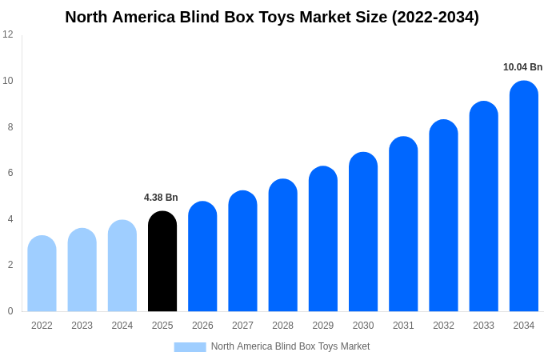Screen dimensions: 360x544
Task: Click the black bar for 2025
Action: [162, 262]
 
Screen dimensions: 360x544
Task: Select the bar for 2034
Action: [523, 196]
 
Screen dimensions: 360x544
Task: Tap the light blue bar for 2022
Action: [42, 274]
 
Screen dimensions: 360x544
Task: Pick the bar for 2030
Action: [363, 232]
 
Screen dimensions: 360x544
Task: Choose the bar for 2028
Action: [282, 246]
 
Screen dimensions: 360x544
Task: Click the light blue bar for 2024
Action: [122, 266]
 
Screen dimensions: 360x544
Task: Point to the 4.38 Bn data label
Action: [161, 198]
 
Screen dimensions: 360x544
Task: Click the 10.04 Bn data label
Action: [522, 67]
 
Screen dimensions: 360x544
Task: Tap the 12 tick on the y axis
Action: [8, 34]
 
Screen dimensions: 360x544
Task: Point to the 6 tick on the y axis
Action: [10, 173]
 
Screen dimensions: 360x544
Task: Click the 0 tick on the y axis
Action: [10, 311]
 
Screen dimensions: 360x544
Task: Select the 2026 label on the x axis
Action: [202, 326]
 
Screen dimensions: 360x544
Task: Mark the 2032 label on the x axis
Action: [443, 326]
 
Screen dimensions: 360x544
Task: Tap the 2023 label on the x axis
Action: [82, 326]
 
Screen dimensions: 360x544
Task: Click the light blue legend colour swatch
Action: [190, 347]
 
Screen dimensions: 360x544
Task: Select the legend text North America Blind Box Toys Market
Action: [290, 346]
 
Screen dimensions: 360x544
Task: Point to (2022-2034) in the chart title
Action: [435, 17]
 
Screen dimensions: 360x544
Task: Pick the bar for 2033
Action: [483, 206]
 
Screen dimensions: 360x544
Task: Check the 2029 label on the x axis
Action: [322, 326]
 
